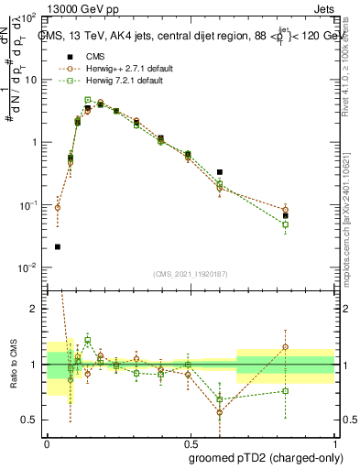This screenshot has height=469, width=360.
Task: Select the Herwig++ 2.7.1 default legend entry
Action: (x=118, y=69)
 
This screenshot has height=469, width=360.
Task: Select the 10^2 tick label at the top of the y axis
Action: (x=27, y=17)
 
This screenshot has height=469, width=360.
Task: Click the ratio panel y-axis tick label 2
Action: (x=35, y=309)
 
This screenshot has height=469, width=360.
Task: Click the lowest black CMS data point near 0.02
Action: (x=58, y=246)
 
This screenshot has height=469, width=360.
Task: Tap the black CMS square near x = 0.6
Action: (x=220, y=171)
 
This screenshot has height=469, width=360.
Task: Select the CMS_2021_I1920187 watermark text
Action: (x=190, y=274)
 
